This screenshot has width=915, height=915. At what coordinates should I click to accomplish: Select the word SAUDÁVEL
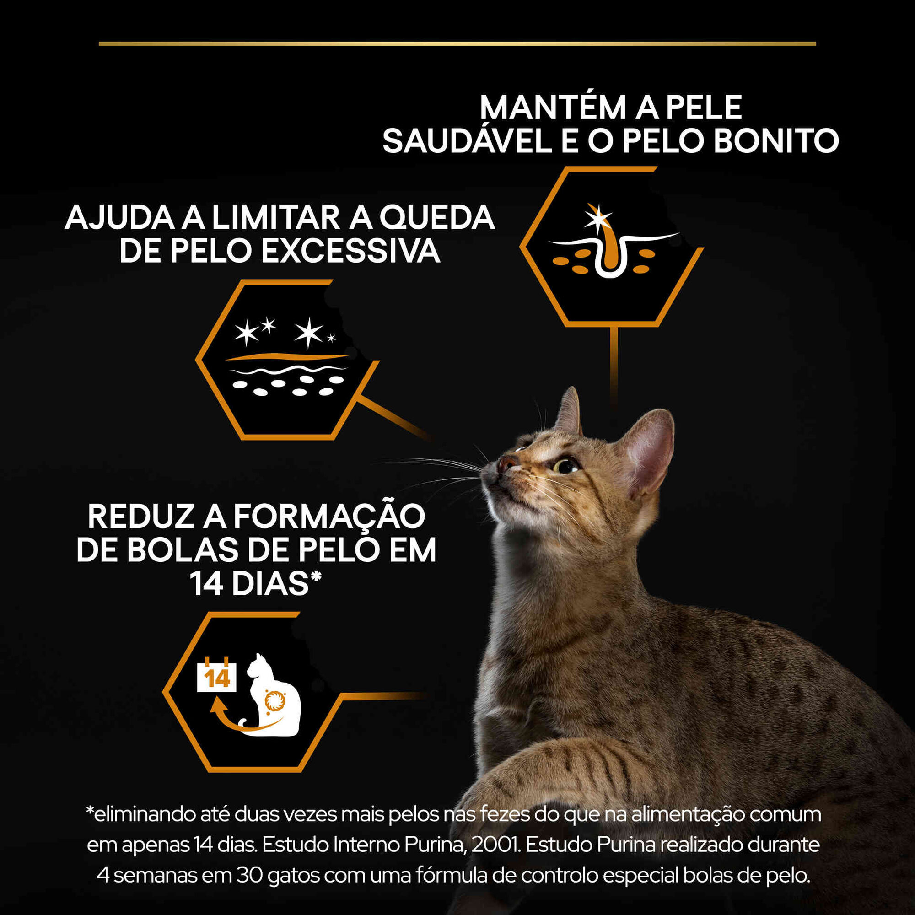[x=467, y=140]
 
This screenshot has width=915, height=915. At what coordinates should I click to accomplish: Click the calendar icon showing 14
[x=216, y=678]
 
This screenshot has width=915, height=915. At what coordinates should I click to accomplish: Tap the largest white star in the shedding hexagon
[x=308, y=332]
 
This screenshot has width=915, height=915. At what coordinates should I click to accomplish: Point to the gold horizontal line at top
[x=457, y=43]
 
